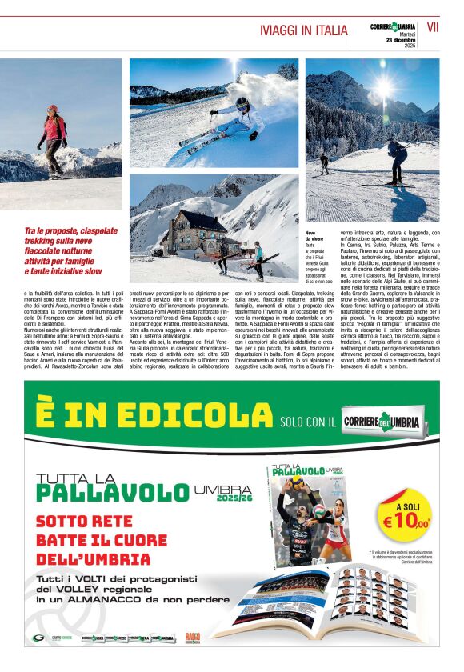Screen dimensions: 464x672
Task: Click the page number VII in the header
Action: click(x=434, y=26)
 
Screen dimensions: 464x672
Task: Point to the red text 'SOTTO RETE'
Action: click(x=84, y=522)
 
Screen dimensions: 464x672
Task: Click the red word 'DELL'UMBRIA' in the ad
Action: click(x=93, y=558)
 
